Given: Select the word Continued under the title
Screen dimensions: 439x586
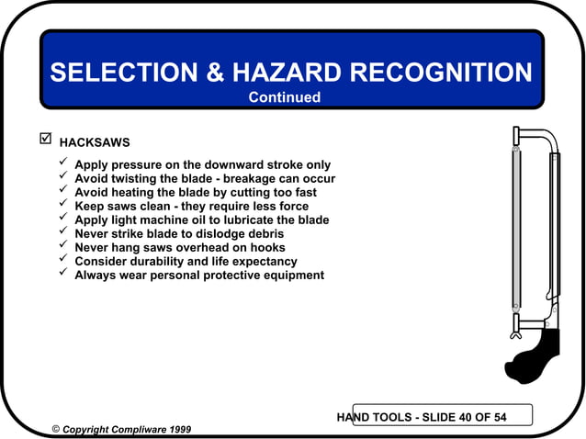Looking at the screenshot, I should pyautogui.click(x=285, y=97).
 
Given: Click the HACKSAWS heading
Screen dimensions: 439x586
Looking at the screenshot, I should pyautogui.click(x=95, y=143).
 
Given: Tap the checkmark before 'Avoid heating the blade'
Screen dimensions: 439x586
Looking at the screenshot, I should pyautogui.click(x=62, y=191).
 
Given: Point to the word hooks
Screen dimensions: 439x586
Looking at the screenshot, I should pyautogui.click(x=266, y=248).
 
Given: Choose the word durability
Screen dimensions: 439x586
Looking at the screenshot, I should pyautogui.click(x=166, y=262).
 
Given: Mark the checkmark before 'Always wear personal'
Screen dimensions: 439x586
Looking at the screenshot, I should pyautogui.click(x=62, y=274).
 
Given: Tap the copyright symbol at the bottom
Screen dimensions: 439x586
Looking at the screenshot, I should pyautogui.click(x=56, y=429).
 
